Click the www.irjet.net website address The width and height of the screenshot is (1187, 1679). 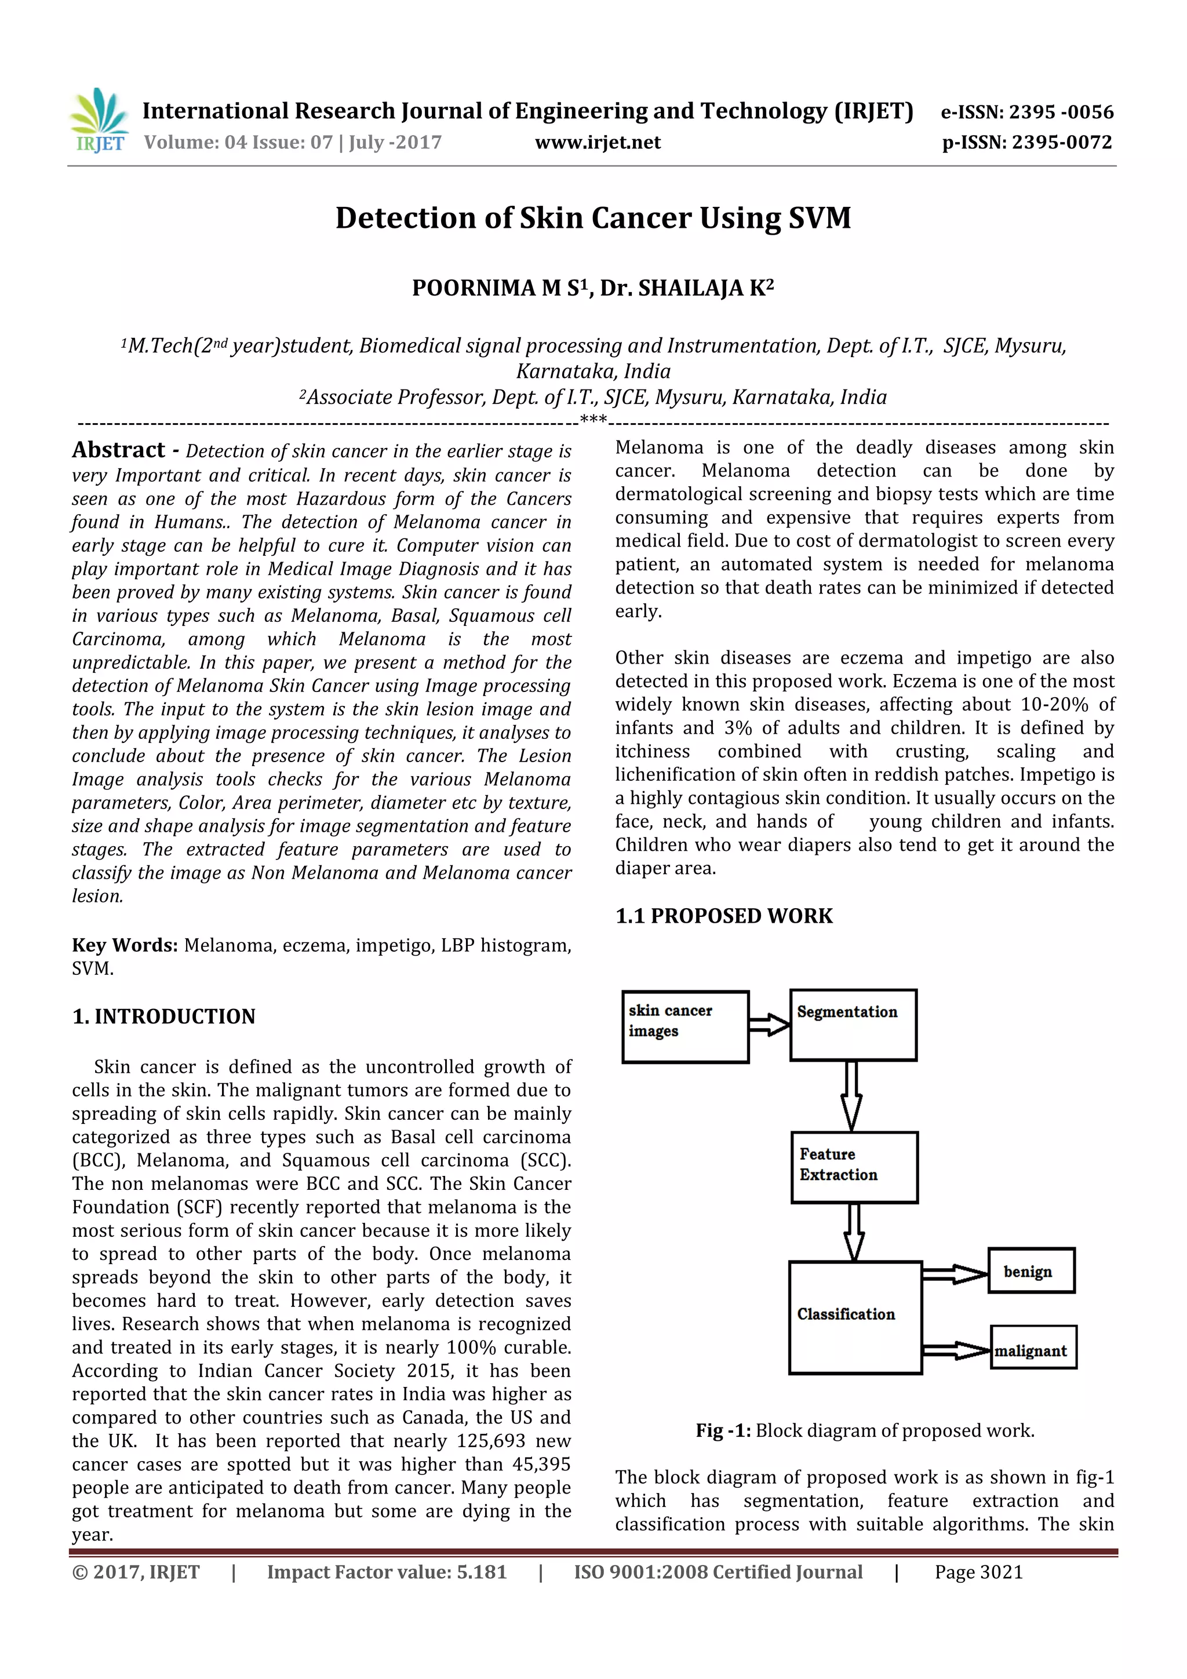coord(598,143)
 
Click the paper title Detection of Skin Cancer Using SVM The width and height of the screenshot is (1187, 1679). coord(593,218)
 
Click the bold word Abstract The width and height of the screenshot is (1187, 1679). coord(118,450)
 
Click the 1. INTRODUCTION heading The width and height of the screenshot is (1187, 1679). coord(164,1017)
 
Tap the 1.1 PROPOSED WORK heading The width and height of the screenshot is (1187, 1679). coord(724,916)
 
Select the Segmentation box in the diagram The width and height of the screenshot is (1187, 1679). coord(853,1025)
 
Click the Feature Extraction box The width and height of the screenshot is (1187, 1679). coord(854,1168)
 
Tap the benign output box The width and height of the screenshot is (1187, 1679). coord(1031,1271)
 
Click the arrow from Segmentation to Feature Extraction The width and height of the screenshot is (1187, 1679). coord(851,1096)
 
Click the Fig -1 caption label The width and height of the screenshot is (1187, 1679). coord(723,1430)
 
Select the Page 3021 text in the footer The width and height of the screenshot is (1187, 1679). coord(978,1572)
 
